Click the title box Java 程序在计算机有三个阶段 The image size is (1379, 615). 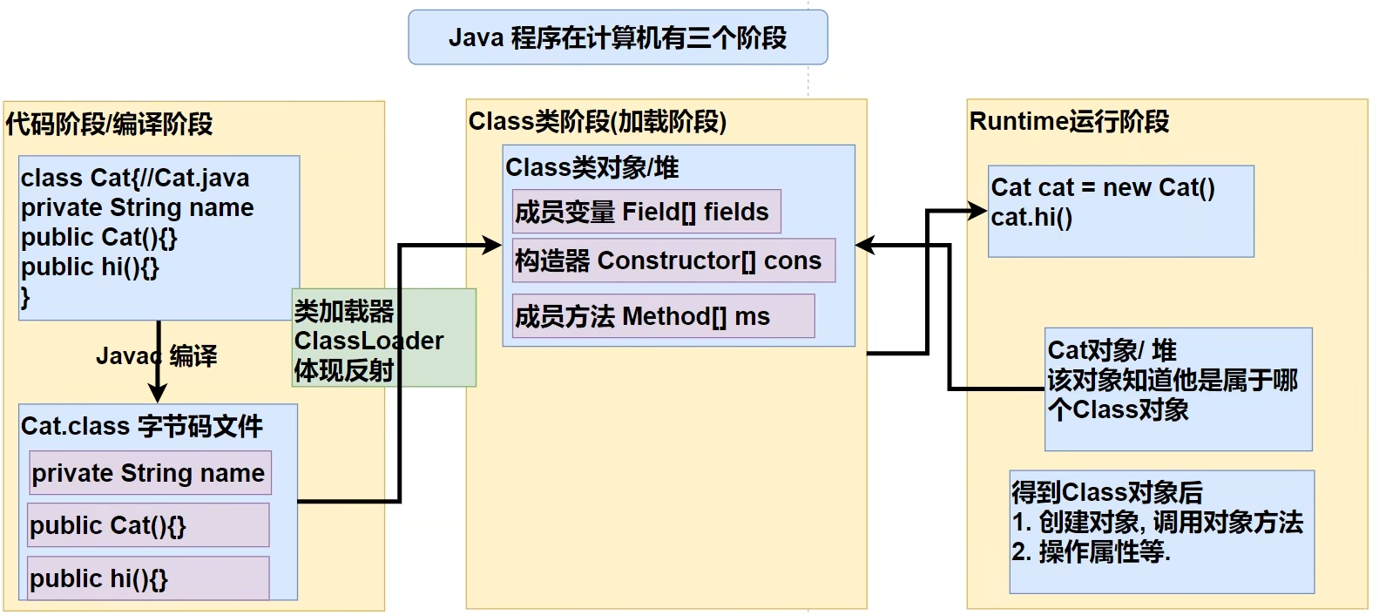pyautogui.click(x=618, y=37)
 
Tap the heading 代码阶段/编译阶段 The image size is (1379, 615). pyautogui.click(x=110, y=125)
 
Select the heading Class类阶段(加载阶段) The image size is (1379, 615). pyautogui.click(x=598, y=122)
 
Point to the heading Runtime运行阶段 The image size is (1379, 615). pyautogui.click(x=1069, y=122)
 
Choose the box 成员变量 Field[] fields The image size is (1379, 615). pyautogui.click(x=646, y=212)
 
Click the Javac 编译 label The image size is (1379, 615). pyautogui.click(x=157, y=355)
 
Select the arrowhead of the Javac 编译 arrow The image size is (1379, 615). pyautogui.click(x=158, y=394)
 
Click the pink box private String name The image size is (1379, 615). pyautogui.click(x=150, y=473)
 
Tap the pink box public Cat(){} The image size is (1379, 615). pyautogui.click(x=147, y=525)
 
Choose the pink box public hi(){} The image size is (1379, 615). pyautogui.click(x=147, y=578)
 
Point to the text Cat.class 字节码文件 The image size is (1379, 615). pyautogui.click(x=142, y=426)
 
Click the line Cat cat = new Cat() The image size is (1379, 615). pyautogui.click(x=1103, y=187)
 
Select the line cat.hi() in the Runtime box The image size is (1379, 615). pyautogui.click(x=1031, y=217)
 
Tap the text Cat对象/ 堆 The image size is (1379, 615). pyautogui.click(x=1112, y=350)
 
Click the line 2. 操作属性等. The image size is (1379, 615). pyautogui.click(x=1092, y=551)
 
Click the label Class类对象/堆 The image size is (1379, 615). pyautogui.click(x=591, y=167)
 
